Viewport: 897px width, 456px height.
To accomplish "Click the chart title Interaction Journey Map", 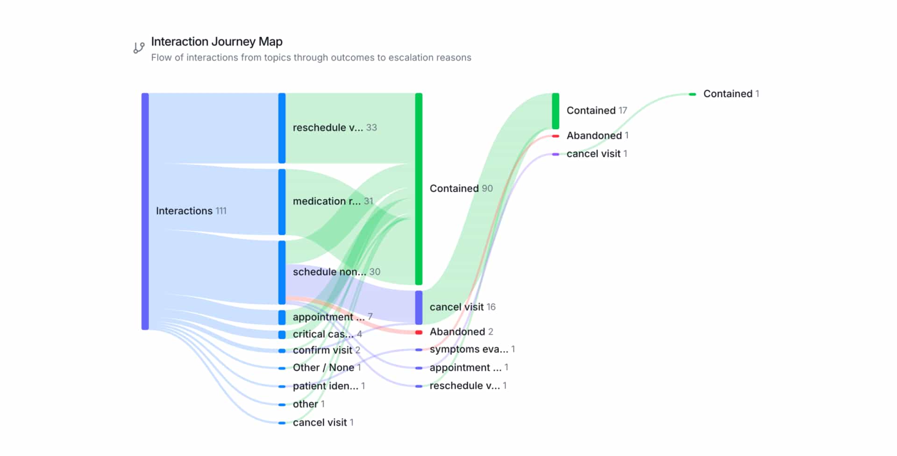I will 216,42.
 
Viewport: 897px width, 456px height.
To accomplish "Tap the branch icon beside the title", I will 139,48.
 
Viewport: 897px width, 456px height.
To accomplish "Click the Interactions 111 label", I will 191,211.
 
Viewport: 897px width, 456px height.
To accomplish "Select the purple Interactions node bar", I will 145,211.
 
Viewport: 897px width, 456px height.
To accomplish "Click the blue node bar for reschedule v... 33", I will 282,128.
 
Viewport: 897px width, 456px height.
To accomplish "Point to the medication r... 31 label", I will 332,201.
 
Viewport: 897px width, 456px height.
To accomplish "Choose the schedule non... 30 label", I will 336,272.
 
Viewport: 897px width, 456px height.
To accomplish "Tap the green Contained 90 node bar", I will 419,189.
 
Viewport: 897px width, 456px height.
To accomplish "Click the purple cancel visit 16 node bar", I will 419,307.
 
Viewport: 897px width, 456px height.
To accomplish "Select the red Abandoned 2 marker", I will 419,332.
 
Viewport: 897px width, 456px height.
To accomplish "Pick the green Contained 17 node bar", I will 555,111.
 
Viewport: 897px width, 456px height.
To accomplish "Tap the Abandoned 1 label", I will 597,135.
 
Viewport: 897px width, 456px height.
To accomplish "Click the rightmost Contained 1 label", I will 731,94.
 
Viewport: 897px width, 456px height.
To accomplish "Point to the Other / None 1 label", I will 327,368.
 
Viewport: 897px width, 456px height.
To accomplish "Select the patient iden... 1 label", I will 328,386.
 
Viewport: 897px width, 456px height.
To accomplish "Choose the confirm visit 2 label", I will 326,350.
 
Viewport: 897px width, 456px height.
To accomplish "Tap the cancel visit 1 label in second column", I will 323,422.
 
